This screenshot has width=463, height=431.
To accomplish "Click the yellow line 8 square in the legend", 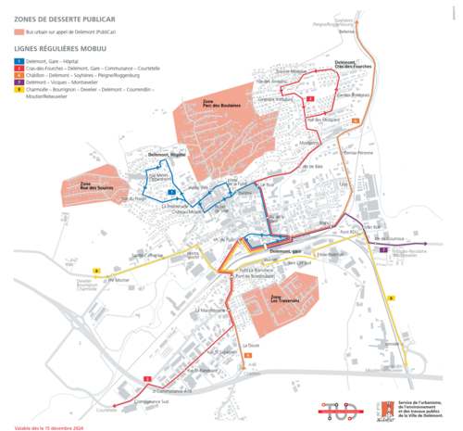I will (18, 89).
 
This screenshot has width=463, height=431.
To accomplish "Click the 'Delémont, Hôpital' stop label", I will (168, 154).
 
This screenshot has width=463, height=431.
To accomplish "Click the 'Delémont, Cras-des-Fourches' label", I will (353, 65).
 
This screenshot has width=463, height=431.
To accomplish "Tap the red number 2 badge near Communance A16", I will (147, 379).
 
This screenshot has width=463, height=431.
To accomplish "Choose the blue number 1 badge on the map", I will (171, 191).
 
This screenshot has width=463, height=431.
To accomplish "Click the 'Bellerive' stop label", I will (347, 32).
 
